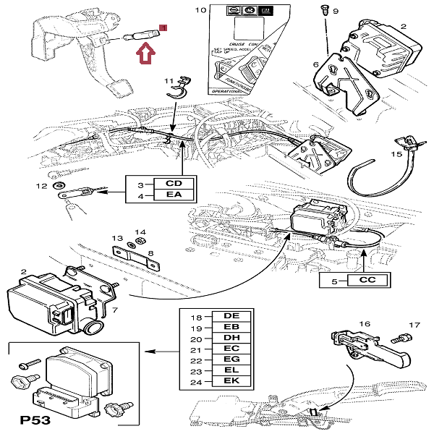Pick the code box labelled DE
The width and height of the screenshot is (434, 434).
pyautogui.click(x=231, y=317)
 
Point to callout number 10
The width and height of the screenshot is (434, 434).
pyautogui.click(x=200, y=10)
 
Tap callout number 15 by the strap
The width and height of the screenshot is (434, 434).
pyautogui.click(x=396, y=154)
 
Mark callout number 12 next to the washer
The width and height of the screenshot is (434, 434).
pyautogui.click(x=42, y=187)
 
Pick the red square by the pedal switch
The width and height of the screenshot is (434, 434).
pyautogui.click(x=163, y=27)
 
